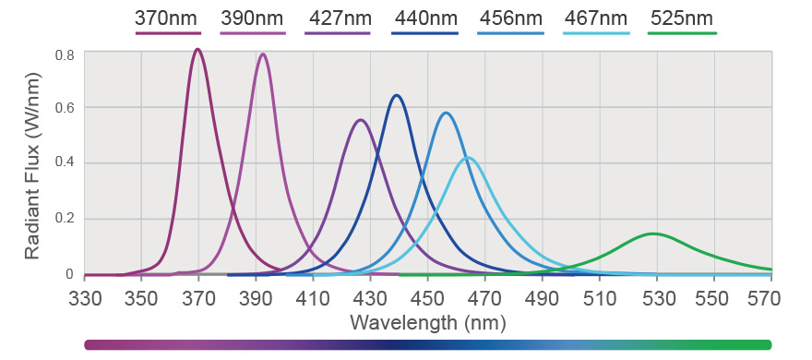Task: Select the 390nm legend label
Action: [x=253, y=18]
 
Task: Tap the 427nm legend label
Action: [x=338, y=18]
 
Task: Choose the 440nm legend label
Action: [x=424, y=18]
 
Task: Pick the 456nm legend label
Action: [x=510, y=18]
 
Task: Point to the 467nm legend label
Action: [x=596, y=18]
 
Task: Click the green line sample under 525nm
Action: [x=682, y=33]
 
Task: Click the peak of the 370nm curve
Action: [x=197, y=50]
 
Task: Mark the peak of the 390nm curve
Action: [x=263, y=54]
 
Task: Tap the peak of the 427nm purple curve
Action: [x=361, y=120]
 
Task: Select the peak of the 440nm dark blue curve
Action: [x=397, y=95]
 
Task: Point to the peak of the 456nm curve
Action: [x=446, y=113]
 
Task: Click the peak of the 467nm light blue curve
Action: [x=469, y=157]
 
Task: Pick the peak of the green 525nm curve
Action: [x=653, y=234]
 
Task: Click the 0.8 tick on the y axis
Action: [x=64, y=55]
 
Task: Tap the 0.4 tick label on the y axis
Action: [x=64, y=163]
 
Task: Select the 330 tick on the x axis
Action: [x=84, y=299]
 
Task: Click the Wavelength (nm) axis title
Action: [x=427, y=322]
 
